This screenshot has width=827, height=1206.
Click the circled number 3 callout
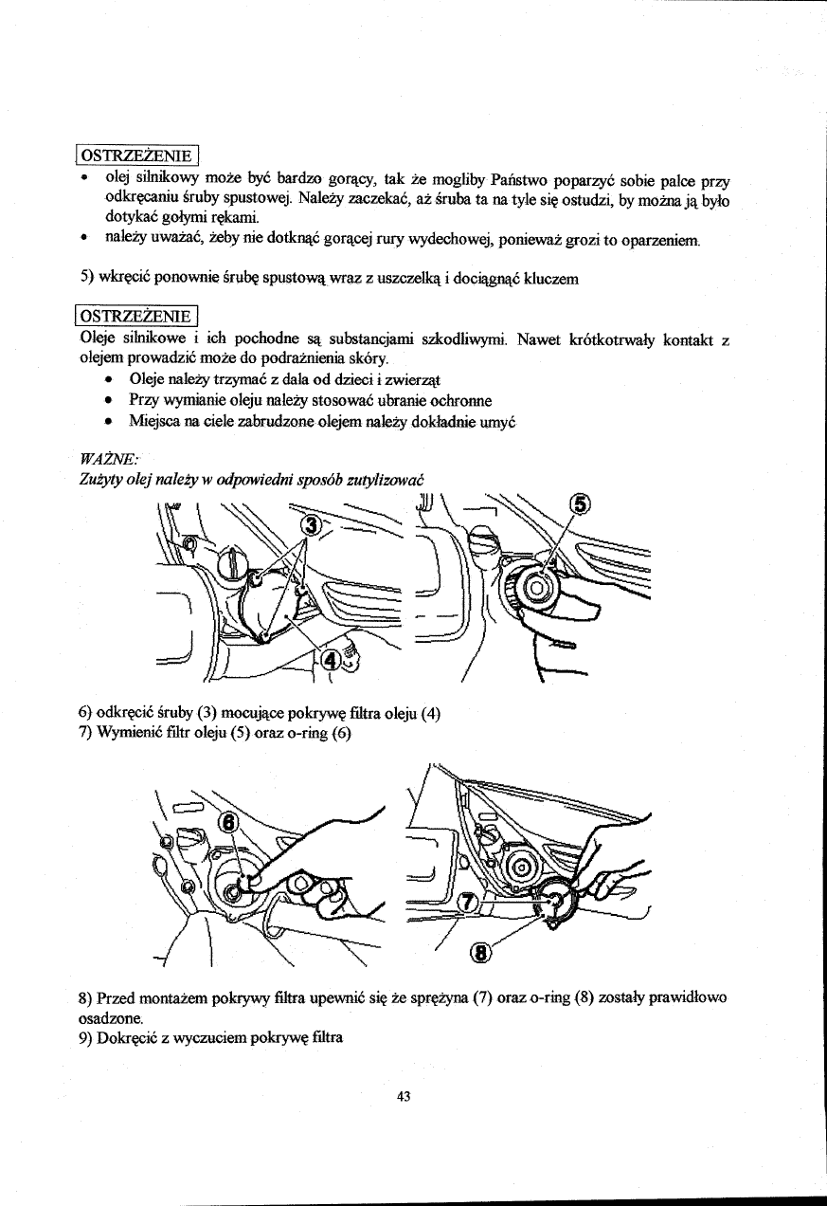click(x=310, y=525)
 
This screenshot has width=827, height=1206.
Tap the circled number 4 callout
click(x=331, y=660)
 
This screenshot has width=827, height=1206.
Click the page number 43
click(x=404, y=1096)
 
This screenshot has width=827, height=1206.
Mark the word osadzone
click(x=109, y=1016)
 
